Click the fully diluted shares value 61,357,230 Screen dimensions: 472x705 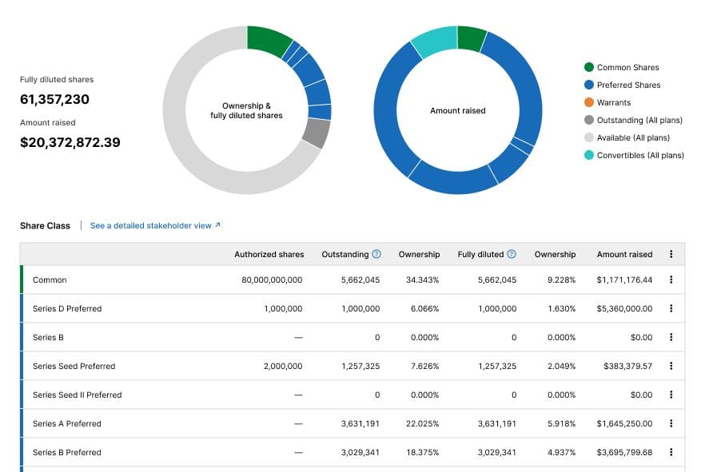click(x=54, y=99)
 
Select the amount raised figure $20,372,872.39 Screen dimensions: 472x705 click(x=70, y=142)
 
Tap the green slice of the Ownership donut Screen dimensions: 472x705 click(x=268, y=39)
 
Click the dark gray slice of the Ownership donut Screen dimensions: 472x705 click(x=317, y=133)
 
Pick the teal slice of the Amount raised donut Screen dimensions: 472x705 click(x=432, y=42)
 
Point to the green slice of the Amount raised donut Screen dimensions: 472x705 click(x=472, y=38)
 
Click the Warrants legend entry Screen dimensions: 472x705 click(x=613, y=103)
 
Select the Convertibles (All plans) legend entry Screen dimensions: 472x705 click(x=639, y=156)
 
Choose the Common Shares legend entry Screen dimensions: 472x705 click(x=627, y=68)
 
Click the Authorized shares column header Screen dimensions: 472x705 click(x=269, y=255)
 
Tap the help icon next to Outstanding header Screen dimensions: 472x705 click(x=376, y=255)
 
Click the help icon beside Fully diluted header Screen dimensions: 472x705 click(x=512, y=255)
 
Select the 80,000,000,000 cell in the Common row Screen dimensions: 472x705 click(x=272, y=280)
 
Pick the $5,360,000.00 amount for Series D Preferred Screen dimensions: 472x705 click(x=624, y=309)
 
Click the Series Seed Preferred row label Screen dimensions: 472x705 click(x=74, y=367)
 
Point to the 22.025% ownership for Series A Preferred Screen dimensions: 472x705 click(x=419, y=424)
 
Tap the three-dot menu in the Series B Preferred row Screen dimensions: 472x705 click(x=671, y=453)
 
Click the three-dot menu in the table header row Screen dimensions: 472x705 click(x=671, y=255)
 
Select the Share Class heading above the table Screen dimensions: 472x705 click(x=45, y=226)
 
